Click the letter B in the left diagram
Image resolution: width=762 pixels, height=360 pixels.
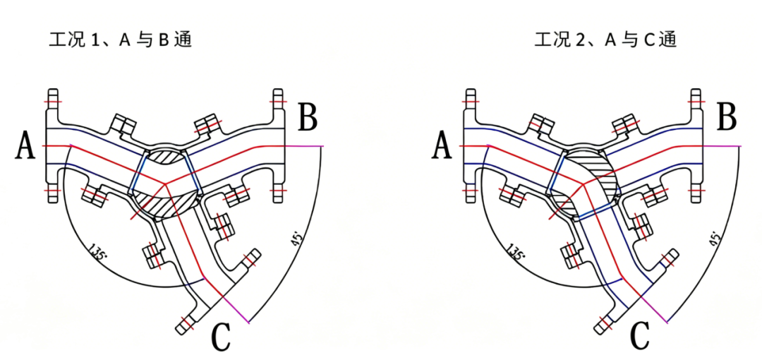coord(308,117)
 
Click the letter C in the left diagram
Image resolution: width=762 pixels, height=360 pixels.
coord(221,336)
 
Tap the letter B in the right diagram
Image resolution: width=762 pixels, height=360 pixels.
coord(726,117)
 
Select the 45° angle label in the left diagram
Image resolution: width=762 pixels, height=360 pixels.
coord(298,239)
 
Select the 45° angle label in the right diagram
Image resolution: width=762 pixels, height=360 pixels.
coord(716,238)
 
